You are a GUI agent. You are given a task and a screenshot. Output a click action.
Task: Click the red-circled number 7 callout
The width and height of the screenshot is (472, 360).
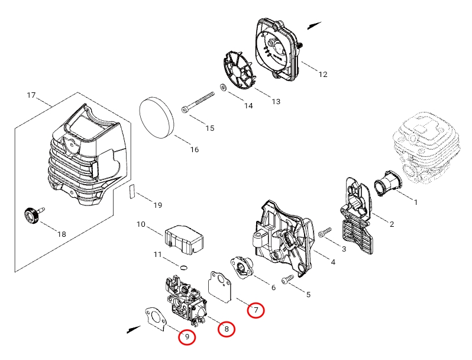(256, 310)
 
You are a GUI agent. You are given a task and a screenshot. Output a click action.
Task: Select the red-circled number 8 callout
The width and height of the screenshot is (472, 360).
(227, 329)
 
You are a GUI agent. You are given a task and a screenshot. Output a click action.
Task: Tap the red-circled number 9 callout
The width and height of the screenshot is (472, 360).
(187, 337)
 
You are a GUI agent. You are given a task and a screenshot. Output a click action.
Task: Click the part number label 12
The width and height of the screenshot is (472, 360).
(323, 74)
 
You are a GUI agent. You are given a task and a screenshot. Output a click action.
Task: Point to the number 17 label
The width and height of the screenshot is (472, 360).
(31, 95)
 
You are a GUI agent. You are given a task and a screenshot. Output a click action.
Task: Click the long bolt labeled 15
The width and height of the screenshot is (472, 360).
(198, 102)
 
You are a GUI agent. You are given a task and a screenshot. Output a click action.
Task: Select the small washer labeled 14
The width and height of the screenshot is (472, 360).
(224, 88)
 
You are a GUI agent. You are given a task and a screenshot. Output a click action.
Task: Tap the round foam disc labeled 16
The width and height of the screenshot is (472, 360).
(157, 118)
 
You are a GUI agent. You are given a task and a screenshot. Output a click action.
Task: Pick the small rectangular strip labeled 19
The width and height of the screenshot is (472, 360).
(131, 192)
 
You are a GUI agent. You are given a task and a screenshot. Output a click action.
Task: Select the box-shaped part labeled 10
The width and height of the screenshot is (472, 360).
(183, 239)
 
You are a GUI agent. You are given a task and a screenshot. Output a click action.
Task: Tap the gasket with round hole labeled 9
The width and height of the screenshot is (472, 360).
(156, 319)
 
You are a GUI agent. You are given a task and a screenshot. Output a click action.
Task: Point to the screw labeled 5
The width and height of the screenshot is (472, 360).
(287, 279)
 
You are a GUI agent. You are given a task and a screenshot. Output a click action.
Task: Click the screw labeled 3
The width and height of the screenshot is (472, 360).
(325, 233)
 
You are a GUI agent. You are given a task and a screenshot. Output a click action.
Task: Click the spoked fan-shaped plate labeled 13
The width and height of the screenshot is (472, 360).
(238, 70)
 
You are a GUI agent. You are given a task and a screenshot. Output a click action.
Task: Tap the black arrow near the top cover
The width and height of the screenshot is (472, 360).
(314, 25)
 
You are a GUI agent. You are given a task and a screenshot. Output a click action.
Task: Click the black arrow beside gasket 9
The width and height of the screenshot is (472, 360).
(134, 330)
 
